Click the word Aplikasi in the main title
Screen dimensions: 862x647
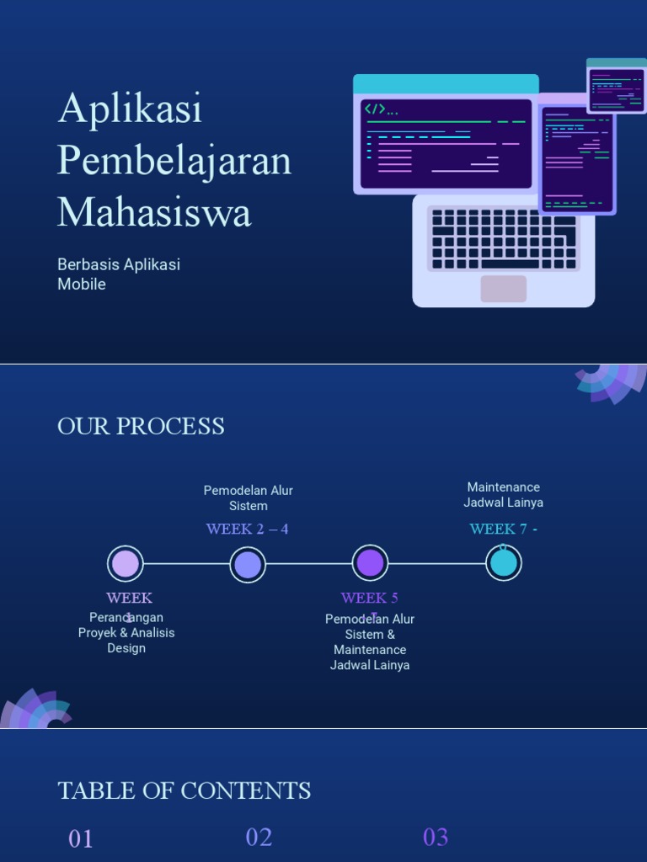tap(131, 109)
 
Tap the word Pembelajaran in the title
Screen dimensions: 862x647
tap(174, 161)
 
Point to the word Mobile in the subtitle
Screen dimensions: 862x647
tap(82, 285)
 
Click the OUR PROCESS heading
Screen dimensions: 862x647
tap(141, 427)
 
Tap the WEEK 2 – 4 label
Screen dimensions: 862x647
tap(247, 529)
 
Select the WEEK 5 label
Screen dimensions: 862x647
tap(369, 598)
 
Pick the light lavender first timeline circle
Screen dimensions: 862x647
tap(126, 563)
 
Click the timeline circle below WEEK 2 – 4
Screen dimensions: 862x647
tap(248, 563)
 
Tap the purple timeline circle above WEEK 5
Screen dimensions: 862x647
tap(370, 563)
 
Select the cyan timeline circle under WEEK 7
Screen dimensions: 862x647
tap(504, 563)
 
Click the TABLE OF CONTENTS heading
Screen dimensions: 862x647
tap(184, 791)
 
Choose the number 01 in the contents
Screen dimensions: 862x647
tap(81, 838)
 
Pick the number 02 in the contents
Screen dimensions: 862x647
tap(259, 837)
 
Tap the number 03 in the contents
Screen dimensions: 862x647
tap(436, 837)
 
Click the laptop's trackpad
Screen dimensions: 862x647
tap(504, 289)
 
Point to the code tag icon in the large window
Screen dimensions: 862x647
tap(375, 109)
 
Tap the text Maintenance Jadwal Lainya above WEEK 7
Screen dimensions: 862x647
tap(503, 495)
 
